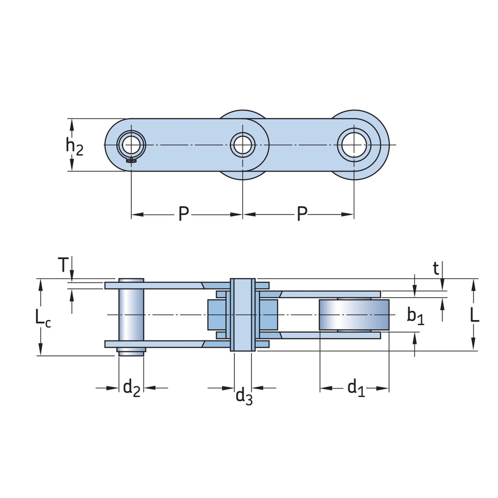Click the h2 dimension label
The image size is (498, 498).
(x=74, y=145)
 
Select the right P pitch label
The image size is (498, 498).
(x=302, y=214)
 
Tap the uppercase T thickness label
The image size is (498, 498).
(x=62, y=266)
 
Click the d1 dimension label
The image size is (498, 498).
(x=355, y=388)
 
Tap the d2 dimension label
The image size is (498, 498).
(x=131, y=388)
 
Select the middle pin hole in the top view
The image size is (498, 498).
(x=243, y=144)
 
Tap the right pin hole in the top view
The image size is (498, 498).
(x=354, y=144)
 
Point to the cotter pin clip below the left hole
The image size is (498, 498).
(x=130, y=160)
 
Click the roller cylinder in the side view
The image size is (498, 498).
(x=354, y=315)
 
